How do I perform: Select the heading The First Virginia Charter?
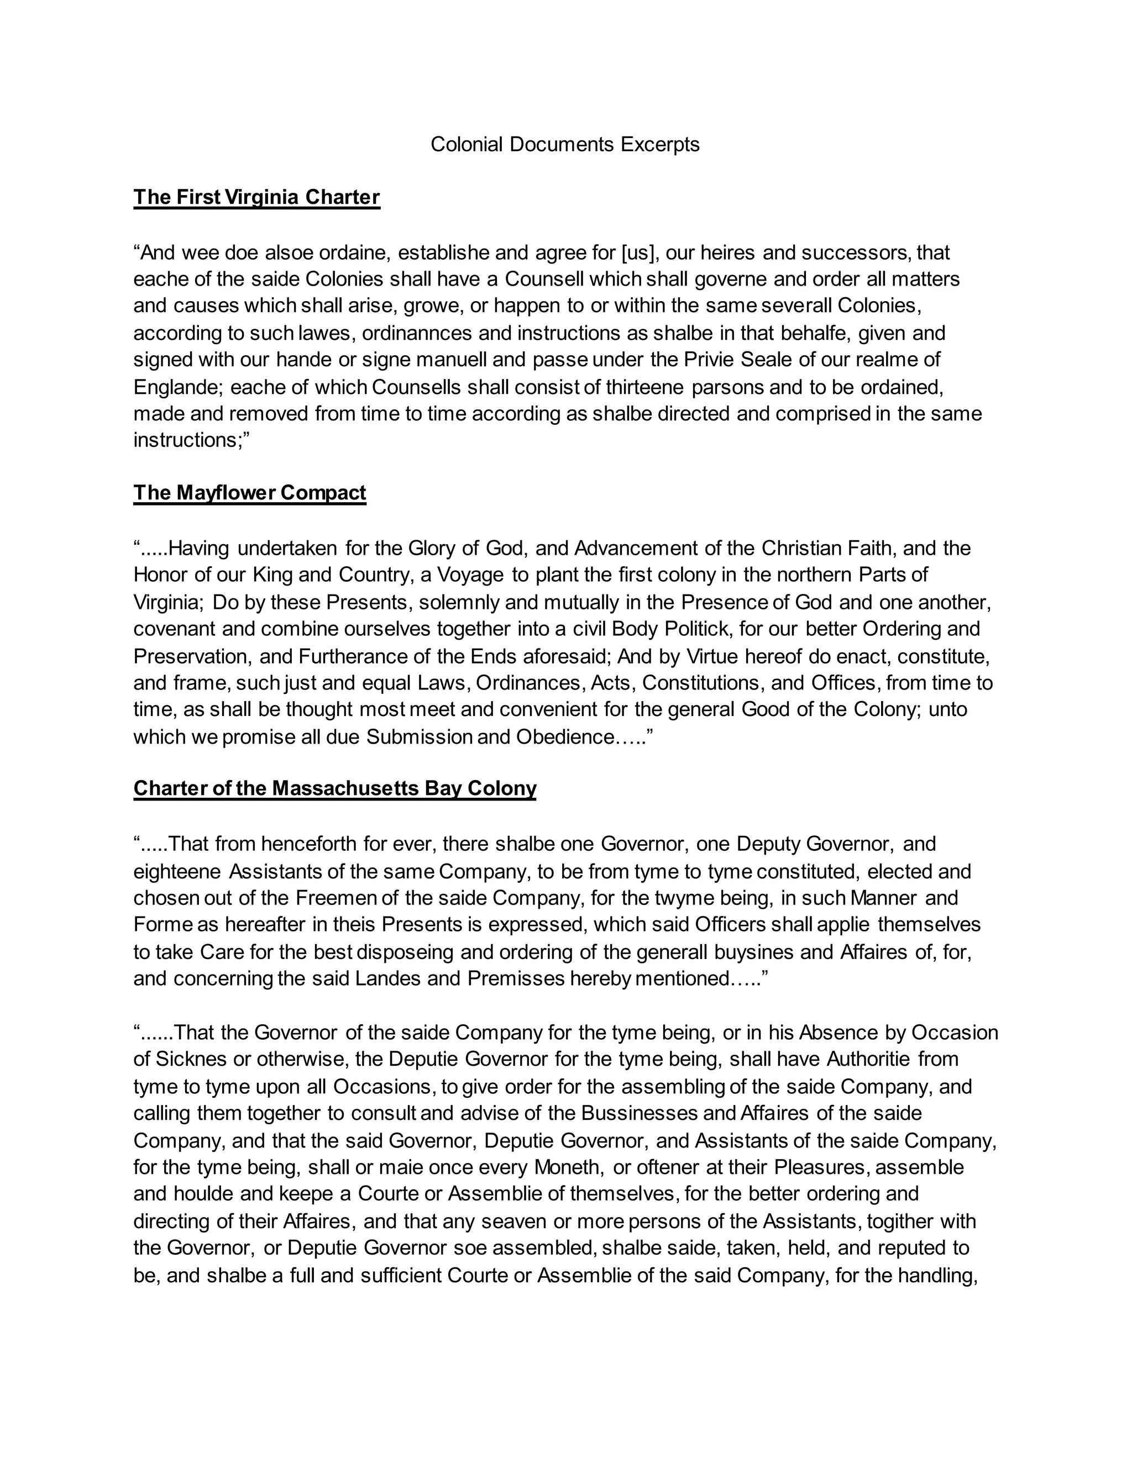click(x=257, y=197)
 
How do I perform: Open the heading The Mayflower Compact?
click(x=249, y=493)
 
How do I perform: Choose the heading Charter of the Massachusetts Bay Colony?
click(x=334, y=788)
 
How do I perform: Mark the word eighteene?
click(x=177, y=871)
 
